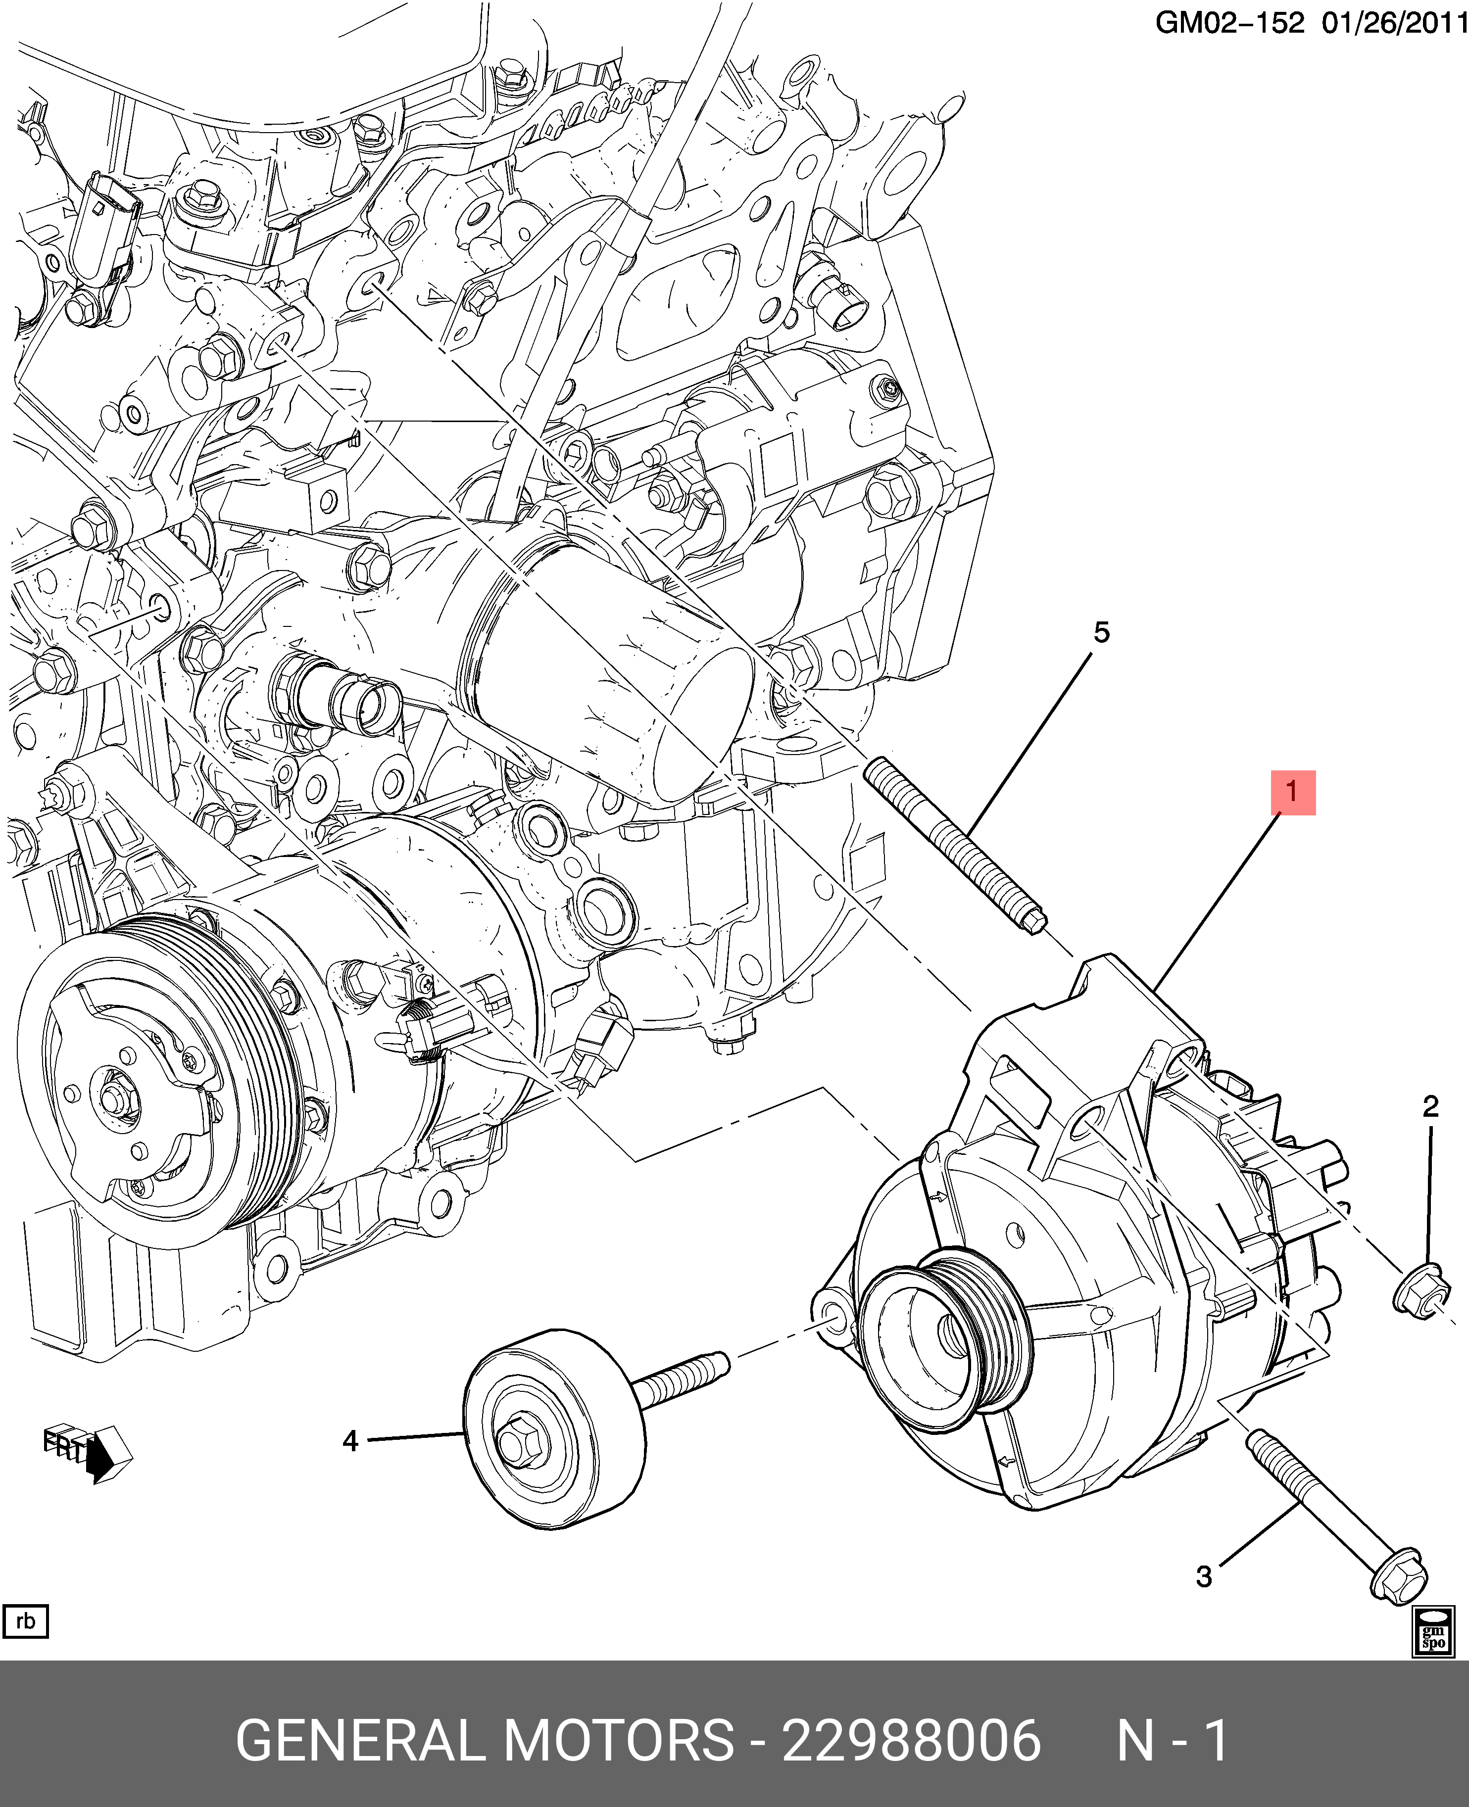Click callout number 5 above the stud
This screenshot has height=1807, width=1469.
[x=1101, y=632]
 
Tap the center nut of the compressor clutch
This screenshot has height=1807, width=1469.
[x=112, y=1097]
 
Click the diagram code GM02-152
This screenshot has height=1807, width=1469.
[x=1229, y=23]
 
